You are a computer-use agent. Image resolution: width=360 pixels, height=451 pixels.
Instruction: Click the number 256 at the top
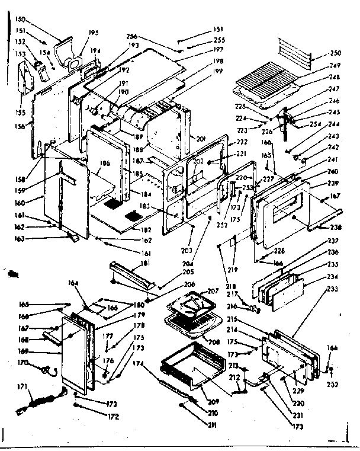(x=132, y=36)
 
